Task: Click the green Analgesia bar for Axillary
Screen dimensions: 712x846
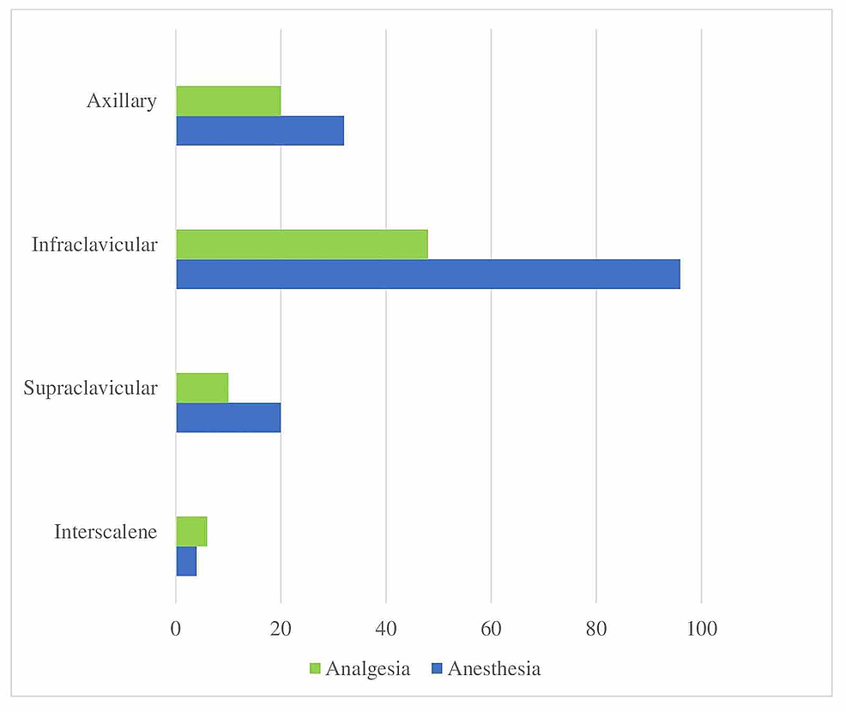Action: [x=228, y=101]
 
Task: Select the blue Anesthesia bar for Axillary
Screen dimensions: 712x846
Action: [x=260, y=130]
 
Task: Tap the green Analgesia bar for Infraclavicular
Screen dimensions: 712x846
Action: [x=302, y=244]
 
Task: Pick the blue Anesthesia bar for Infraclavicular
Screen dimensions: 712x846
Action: [x=428, y=274]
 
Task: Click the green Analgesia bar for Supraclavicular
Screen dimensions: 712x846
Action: [x=202, y=388]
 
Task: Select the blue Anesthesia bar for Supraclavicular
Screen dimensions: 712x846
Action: [x=228, y=417]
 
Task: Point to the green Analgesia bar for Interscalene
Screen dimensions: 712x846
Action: [x=191, y=531]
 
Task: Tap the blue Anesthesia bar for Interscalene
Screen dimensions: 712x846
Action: [x=186, y=561]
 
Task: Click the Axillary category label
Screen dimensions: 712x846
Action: [x=122, y=101]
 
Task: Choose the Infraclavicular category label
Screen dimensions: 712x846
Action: [x=94, y=245]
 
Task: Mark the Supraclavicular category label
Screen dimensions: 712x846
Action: [x=91, y=389]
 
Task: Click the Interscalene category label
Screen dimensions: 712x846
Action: [x=106, y=532]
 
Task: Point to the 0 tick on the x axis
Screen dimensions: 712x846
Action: [x=176, y=628]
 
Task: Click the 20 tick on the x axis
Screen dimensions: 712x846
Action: [x=281, y=628]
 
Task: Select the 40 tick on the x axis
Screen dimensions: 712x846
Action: [x=386, y=628]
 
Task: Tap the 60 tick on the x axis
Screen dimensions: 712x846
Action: [x=491, y=628]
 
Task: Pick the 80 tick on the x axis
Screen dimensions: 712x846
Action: [x=596, y=628]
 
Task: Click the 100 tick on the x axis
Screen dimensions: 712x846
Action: [x=701, y=628]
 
